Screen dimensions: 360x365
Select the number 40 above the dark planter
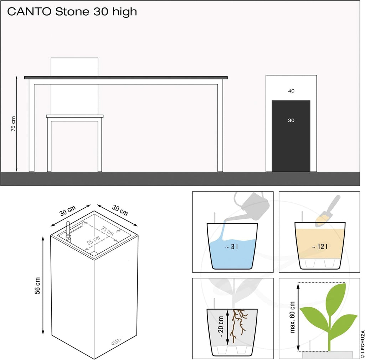(x=291, y=91)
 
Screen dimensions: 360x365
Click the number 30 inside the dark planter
(x=291, y=120)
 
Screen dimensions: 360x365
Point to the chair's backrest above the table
(x=74, y=67)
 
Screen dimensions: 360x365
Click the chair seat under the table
(x=74, y=116)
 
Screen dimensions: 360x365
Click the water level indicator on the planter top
(x=68, y=229)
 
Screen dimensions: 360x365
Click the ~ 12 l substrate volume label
(x=319, y=246)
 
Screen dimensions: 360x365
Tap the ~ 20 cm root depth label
(x=221, y=327)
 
